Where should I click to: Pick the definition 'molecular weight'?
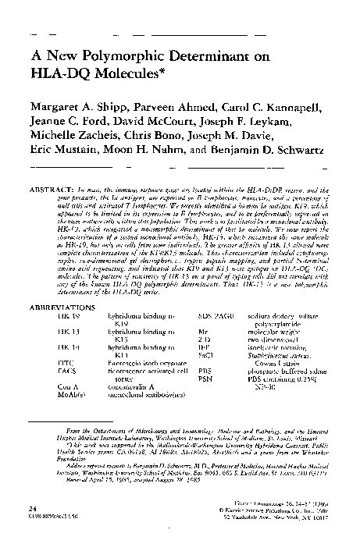[x=262, y=307]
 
